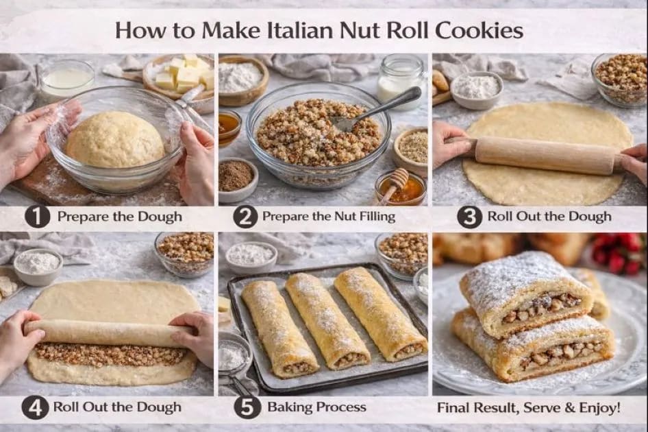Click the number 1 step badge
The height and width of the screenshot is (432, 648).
(x=38, y=217)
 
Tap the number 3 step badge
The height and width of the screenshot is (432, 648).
(x=469, y=217)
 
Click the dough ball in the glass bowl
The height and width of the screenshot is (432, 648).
(x=114, y=140)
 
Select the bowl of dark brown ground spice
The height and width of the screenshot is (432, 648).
(x=236, y=177)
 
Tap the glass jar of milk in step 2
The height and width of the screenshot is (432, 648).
(x=401, y=79)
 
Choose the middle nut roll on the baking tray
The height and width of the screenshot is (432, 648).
(x=327, y=320)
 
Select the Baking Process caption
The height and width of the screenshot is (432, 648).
(x=316, y=407)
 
